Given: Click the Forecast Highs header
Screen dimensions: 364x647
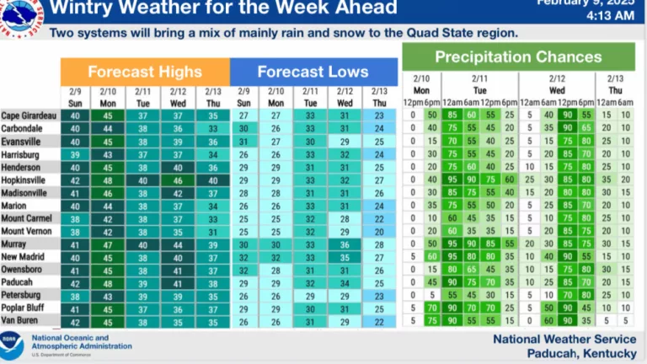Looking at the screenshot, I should (144, 72).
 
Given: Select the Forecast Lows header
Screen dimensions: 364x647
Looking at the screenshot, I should (313, 72).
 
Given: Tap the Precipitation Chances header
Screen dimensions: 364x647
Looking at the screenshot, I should (517, 57).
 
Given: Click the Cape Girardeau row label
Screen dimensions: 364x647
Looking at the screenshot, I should (29, 115).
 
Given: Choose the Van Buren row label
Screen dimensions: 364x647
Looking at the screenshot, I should (20, 321).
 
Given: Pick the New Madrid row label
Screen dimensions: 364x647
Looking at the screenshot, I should (24, 257).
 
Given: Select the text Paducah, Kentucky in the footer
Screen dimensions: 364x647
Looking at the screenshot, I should (581, 353).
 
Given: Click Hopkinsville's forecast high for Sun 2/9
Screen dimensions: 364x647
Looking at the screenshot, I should (76, 180).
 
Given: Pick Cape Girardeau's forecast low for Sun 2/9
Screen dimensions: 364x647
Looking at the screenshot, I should (244, 115).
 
